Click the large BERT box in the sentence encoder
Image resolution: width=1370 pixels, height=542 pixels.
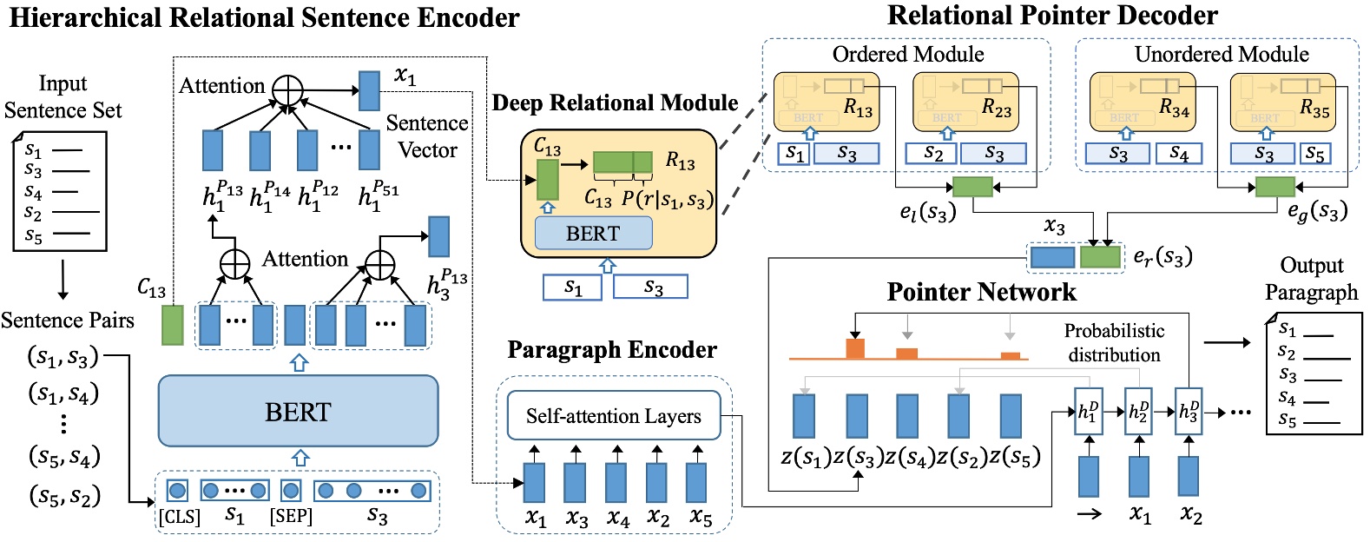click(298, 411)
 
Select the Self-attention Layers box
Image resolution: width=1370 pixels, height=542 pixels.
click(613, 416)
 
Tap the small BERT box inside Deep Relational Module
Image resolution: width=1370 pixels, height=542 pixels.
click(593, 234)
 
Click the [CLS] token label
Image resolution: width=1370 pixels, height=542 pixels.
click(179, 517)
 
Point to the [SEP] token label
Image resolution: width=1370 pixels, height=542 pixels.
click(291, 517)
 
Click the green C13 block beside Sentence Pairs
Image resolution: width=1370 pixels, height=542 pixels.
click(173, 325)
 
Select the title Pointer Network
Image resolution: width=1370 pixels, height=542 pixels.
click(981, 292)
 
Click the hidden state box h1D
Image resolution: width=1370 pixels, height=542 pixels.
click(1088, 412)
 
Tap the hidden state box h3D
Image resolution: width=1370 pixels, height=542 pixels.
click(1189, 412)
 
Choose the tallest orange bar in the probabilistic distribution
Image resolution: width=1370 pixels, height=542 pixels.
click(855, 348)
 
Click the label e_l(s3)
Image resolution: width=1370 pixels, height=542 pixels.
click(927, 211)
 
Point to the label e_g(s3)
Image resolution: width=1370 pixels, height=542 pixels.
click(1317, 211)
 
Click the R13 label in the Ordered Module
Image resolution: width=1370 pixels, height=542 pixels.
click(858, 109)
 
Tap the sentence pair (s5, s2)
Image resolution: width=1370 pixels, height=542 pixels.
click(64, 496)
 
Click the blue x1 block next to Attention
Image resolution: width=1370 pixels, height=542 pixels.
click(369, 90)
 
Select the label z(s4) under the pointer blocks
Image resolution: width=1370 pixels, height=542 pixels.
click(909, 457)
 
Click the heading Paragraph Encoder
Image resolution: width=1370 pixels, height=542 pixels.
click(612, 350)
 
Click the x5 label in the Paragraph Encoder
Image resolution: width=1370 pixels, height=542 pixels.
click(700, 518)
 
